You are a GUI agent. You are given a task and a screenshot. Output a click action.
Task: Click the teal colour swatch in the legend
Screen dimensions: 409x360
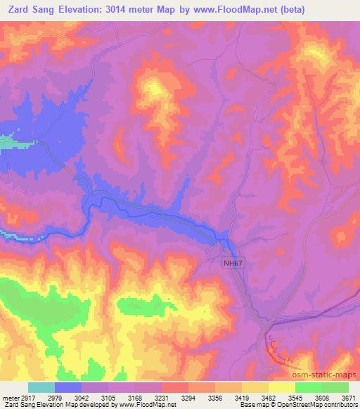coord(41,387)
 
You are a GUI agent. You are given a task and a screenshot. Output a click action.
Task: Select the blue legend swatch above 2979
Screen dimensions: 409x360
coord(69,387)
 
